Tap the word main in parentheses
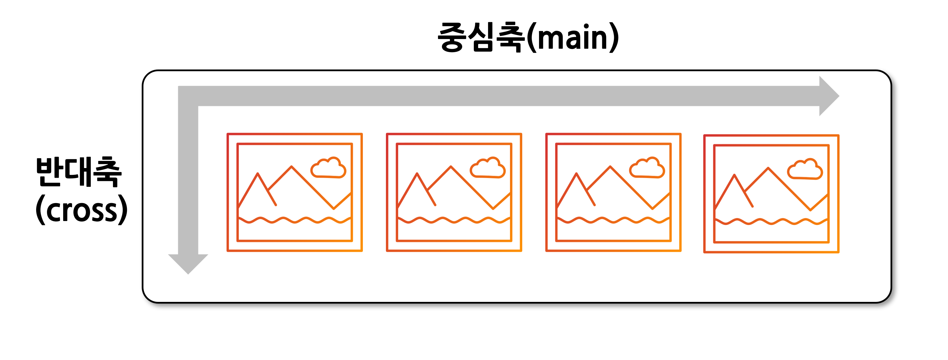(x=572, y=38)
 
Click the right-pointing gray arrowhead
(x=828, y=96)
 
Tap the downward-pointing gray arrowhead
(x=188, y=263)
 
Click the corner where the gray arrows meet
(x=188, y=96)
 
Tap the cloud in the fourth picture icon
(x=805, y=170)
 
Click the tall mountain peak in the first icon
(x=291, y=167)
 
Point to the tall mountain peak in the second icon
(x=451, y=167)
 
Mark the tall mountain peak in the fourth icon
(x=768, y=169)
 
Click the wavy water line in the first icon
(x=294, y=220)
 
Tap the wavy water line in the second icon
(x=454, y=220)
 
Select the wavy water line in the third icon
(x=613, y=220)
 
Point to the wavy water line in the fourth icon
(x=771, y=222)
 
